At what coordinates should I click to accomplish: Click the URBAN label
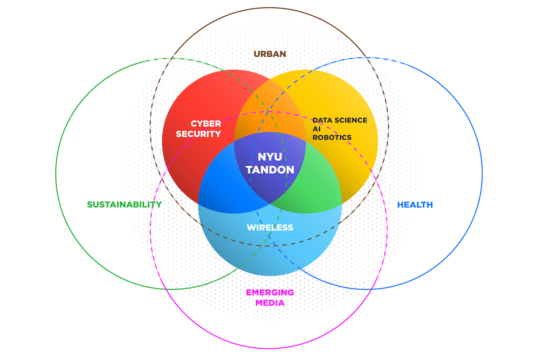coord(270,54)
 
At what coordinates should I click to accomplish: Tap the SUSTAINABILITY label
coord(124,205)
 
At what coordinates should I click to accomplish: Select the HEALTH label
coord(414,205)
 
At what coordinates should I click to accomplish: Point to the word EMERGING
coord(270,292)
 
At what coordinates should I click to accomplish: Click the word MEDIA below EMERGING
coord(270,303)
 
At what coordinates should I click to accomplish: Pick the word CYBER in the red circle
coord(206,123)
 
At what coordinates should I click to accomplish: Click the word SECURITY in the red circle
coord(198,134)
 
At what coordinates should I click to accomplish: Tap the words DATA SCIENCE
coord(340,120)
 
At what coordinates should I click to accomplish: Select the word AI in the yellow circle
coord(316,129)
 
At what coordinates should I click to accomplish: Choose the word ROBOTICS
coord(332,137)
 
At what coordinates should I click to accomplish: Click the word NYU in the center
coord(270,157)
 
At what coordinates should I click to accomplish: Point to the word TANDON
coord(270,170)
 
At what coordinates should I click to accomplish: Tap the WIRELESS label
coord(270,228)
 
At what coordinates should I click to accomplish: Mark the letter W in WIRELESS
coord(251,228)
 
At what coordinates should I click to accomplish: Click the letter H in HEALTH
coord(400,205)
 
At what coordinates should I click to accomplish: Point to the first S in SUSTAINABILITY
coord(90,205)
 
